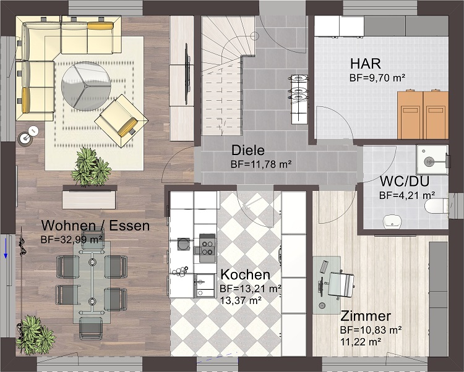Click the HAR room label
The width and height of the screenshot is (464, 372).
(x=366, y=64)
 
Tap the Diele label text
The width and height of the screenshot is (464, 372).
(x=248, y=150)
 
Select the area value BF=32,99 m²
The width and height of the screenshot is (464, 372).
(x=72, y=240)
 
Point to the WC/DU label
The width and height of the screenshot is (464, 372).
(x=405, y=181)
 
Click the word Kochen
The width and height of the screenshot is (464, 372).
(x=246, y=275)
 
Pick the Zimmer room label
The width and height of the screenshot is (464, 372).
(x=366, y=316)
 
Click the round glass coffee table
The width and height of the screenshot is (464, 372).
(x=86, y=86)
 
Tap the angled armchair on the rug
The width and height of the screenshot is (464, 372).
(x=121, y=120)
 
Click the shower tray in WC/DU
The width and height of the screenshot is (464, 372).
(x=432, y=159)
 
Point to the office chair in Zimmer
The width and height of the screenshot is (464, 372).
(x=341, y=284)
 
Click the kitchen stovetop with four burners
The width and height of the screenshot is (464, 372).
(x=207, y=248)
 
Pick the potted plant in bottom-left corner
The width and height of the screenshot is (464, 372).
(x=35, y=331)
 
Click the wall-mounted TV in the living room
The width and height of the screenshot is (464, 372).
(x=187, y=74)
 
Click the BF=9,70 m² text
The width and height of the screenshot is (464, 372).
(x=377, y=78)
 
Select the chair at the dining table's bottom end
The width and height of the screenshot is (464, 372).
(x=91, y=328)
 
